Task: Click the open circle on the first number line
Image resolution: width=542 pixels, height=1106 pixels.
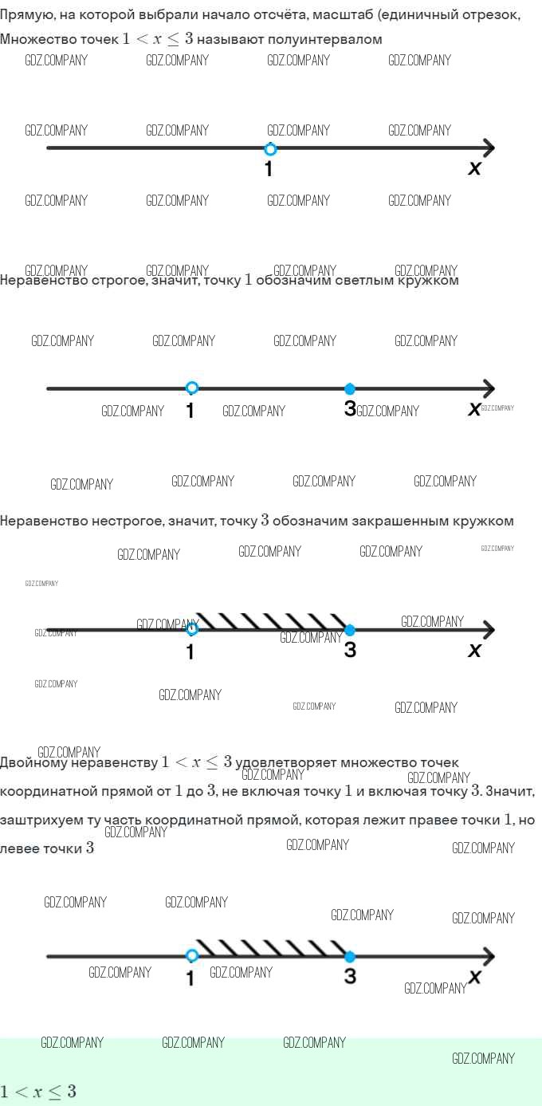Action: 270,149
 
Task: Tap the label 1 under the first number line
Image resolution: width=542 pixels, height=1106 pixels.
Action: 269,169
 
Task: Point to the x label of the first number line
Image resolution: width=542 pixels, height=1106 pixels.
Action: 475,168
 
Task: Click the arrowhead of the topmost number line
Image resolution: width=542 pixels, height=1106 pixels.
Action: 489,148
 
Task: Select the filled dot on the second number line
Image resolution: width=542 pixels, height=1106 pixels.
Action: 350,389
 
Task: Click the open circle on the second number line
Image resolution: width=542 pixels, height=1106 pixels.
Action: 192,388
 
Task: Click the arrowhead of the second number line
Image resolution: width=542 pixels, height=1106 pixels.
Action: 489,389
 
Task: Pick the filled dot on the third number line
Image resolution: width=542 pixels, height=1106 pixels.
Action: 350,630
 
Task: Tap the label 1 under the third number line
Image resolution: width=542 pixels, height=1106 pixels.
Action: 190,651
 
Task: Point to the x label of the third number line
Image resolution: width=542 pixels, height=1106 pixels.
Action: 475,651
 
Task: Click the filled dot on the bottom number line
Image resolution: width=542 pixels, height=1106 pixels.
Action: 350,956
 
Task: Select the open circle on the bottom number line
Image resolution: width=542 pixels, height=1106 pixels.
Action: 192,956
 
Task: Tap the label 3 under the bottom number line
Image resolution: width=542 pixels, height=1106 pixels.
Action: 350,976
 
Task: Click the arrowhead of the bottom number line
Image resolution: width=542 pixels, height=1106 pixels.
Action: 489,956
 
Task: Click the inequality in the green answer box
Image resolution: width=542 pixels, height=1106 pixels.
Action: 38,1092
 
